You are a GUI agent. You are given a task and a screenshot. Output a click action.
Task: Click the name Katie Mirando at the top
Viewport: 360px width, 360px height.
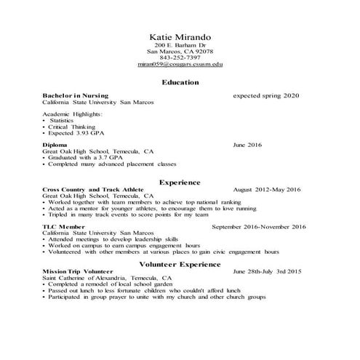pyautogui.click(x=179, y=36)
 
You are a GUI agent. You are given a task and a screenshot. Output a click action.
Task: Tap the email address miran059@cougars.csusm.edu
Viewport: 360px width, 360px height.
pyautogui.click(x=180, y=65)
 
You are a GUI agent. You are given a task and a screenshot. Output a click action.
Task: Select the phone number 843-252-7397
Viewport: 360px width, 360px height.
pyautogui.click(x=180, y=58)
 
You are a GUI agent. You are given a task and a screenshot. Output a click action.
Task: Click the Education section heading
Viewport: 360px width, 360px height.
pyautogui.click(x=180, y=82)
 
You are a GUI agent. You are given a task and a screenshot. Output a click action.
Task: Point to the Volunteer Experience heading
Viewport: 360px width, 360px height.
pyautogui.click(x=179, y=264)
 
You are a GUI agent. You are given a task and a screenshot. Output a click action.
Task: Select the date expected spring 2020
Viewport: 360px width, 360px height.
pyautogui.click(x=265, y=96)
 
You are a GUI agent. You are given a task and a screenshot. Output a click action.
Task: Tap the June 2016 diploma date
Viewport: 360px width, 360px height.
pyautogui.click(x=247, y=145)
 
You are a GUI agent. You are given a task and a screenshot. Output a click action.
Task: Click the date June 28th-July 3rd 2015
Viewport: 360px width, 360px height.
pyautogui.click(x=267, y=271)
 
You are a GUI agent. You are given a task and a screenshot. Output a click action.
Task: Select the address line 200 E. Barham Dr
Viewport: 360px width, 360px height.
pyautogui.click(x=180, y=45)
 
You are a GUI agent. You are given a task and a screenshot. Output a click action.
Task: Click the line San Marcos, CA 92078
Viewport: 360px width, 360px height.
pyautogui.click(x=180, y=52)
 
